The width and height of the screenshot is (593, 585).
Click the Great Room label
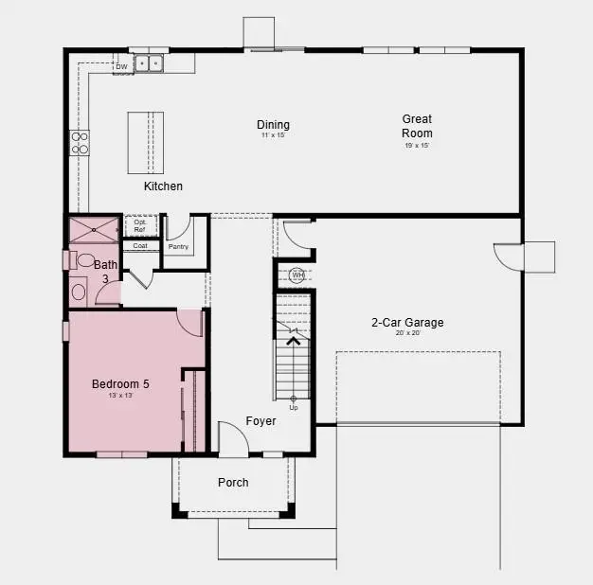(417, 126)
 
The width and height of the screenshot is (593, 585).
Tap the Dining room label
(273, 125)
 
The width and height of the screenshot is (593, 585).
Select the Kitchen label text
(163, 186)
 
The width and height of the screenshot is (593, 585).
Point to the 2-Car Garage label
(407, 323)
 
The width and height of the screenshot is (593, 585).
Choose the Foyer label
(261, 421)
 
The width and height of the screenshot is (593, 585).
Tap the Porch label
(233, 483)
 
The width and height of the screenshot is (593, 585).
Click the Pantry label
(178, 247)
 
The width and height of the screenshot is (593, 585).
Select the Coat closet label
(140, 245)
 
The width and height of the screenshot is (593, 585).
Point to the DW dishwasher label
(121, 67)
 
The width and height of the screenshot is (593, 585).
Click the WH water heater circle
(297, 276)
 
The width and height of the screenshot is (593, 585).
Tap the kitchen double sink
(148, 64)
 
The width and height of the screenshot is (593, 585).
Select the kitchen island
(146, 142)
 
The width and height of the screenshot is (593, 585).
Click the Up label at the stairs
(293, 408)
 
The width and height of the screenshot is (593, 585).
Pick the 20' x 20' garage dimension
(407, 333)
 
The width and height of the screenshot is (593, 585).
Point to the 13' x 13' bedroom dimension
(120, 396)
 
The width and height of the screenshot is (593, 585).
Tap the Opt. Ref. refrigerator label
(139, 226)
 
